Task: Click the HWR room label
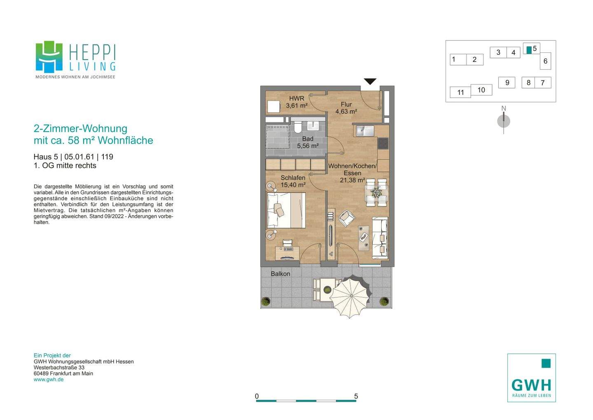[296, 102]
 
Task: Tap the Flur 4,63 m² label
[346, 108]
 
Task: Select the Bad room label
[308, 142]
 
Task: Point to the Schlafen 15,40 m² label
[293, 181]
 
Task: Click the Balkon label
[280, 274]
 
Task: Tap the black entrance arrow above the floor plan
[370, 81]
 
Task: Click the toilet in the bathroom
[297, 127]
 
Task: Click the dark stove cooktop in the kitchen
[383, 143]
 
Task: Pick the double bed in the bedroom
[286, 210]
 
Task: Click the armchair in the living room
[347, 218]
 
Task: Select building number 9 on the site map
[507, 83]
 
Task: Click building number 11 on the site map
[460, 92]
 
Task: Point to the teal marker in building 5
[529, 50]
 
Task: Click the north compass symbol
[504, 121]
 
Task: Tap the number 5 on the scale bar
[356, 396]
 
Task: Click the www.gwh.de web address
[49, 380]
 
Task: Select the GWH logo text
[531, 385]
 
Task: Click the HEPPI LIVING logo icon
[49, 56]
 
